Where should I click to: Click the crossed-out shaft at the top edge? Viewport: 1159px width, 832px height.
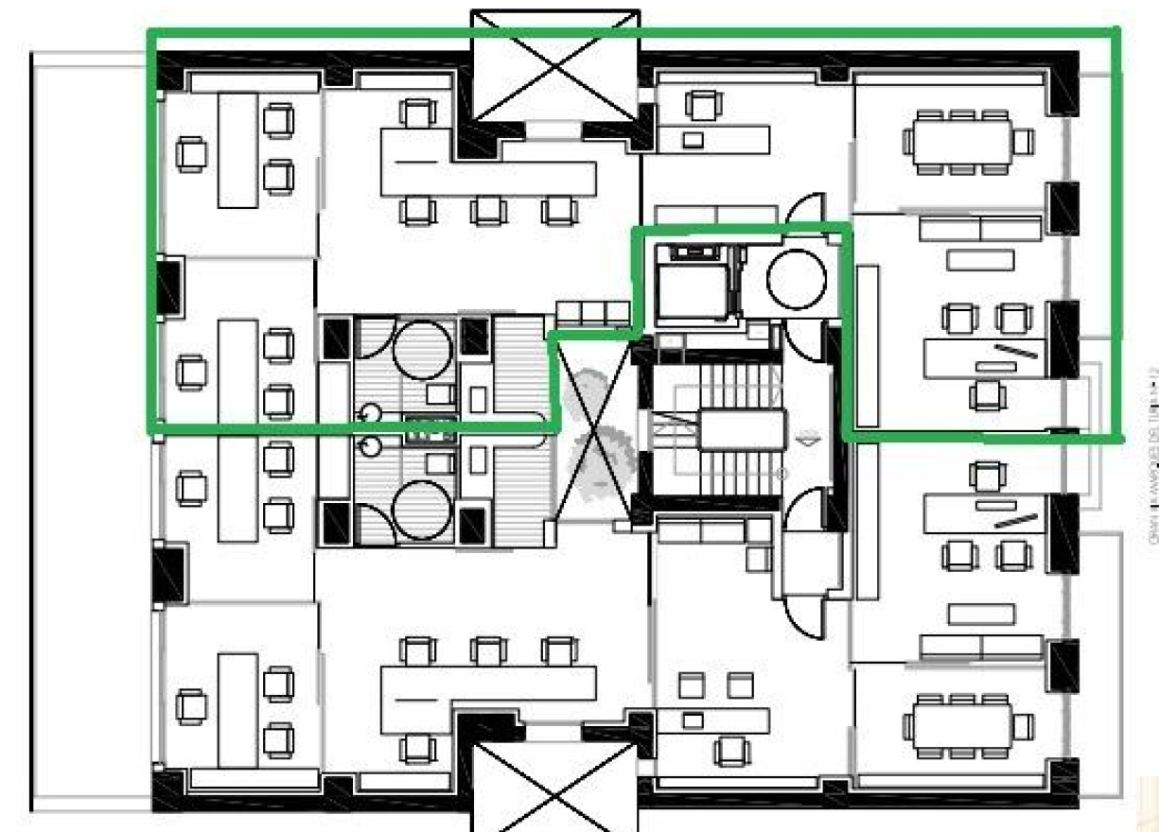click(x=555, y=66)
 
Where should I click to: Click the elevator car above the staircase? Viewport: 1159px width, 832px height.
click(x=690, y=284)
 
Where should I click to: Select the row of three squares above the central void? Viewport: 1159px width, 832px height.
click(x=592, y=313)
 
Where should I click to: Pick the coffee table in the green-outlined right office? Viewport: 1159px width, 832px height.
click(x=980, y=259)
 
